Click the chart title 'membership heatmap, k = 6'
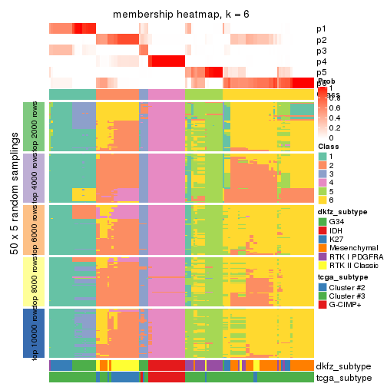(181, 15)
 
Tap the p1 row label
(321, 29)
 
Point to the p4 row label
(321, 61)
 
